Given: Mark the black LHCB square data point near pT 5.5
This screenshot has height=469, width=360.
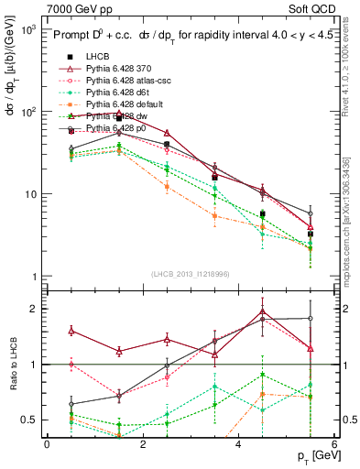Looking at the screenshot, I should pos(311,234).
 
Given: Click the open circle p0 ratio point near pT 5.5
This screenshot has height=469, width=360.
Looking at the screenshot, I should pos(311,319).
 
